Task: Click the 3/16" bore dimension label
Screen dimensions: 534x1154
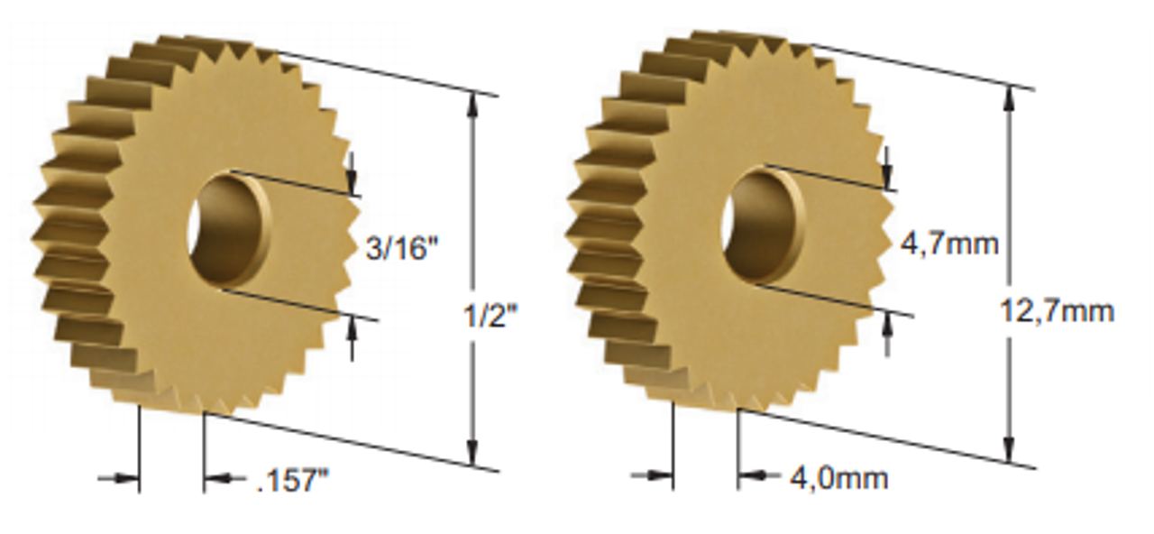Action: [401, 248]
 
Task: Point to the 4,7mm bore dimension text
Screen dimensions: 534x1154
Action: [949, 243]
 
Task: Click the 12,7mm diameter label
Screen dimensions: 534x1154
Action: [1057, 311]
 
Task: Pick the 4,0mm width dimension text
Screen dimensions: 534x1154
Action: [838, 477]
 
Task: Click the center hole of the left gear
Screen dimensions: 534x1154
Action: [229, 230]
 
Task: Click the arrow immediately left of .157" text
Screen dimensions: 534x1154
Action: [217, 479]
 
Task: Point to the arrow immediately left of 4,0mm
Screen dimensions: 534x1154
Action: [750, 475]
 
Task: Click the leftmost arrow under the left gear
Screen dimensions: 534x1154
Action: [127, 479]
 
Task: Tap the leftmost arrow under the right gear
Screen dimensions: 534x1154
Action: [661, 475]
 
